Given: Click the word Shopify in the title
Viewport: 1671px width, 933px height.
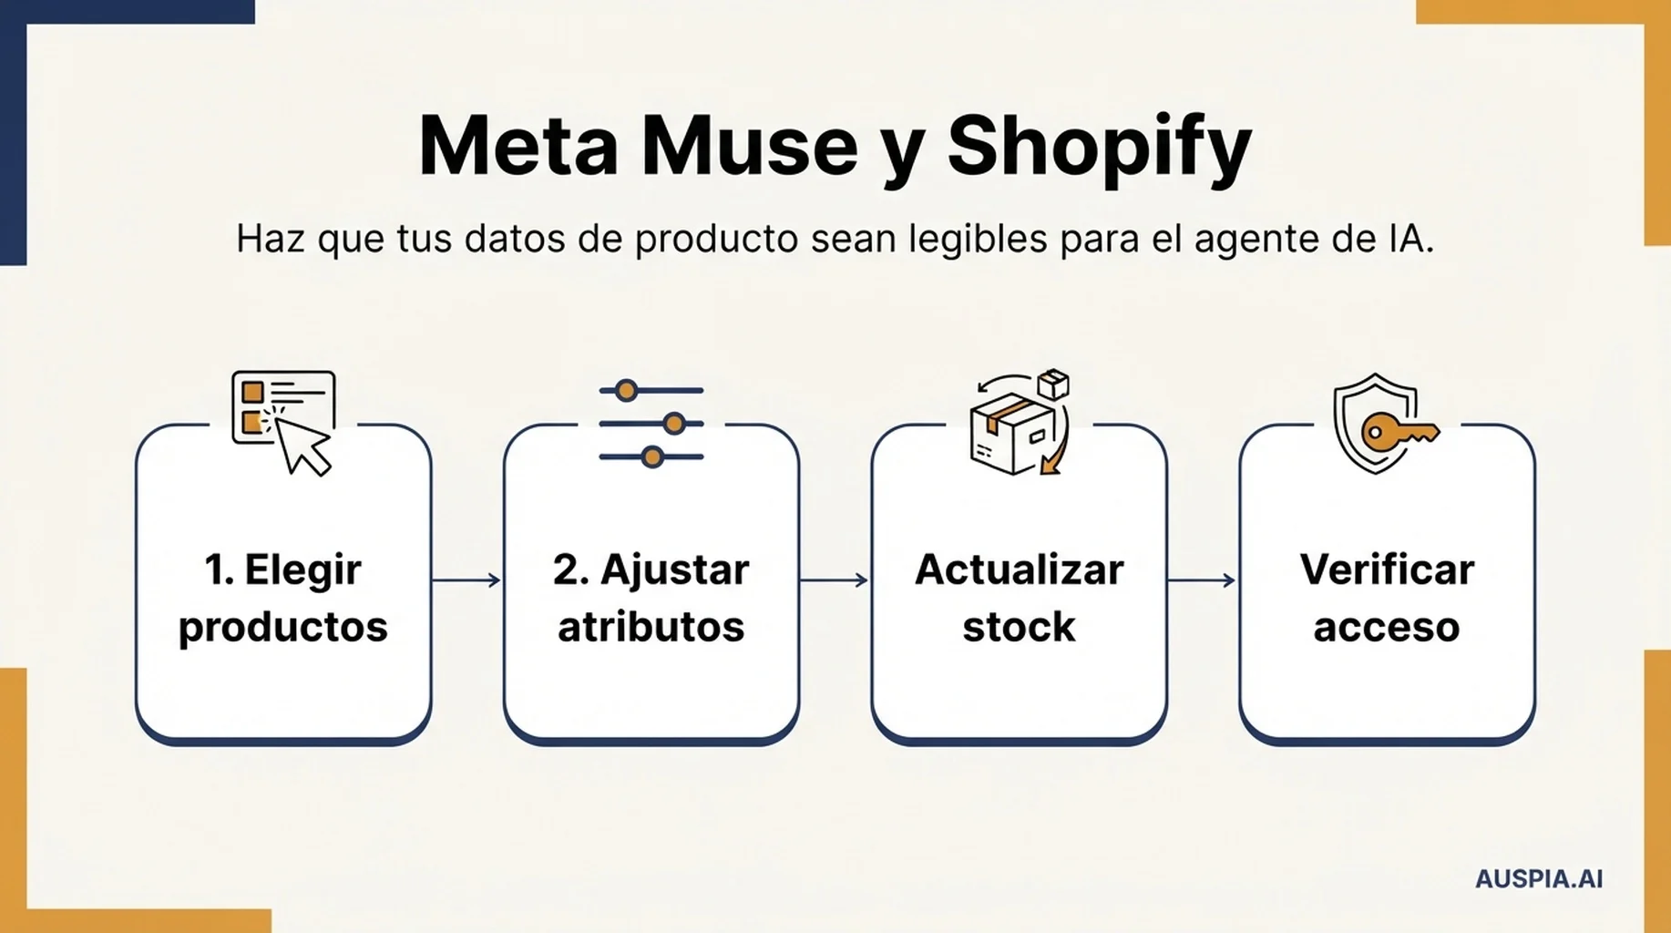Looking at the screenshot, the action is [1099, 149].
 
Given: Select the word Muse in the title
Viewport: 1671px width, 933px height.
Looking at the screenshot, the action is [749, 147].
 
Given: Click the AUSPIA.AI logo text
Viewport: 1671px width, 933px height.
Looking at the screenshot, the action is [1539, 879].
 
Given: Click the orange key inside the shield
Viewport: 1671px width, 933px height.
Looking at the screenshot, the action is [1399, 431].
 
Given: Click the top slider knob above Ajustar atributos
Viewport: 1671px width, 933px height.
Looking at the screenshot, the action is [626, 391].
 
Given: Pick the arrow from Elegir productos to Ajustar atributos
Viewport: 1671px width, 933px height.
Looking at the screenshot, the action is [466, 579].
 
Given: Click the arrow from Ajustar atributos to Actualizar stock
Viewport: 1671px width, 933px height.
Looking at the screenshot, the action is [834, 579].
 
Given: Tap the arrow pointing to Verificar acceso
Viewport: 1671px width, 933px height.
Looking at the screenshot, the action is [1202, 579].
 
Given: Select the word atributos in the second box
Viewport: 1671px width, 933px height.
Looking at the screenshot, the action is [651, 627].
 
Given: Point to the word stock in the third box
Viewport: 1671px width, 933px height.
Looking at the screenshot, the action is [1019, 627].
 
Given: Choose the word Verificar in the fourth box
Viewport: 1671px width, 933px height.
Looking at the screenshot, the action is [1387, 569].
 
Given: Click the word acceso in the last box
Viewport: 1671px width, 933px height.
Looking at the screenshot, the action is [1387, 628].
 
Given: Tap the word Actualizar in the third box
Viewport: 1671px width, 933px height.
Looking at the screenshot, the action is [1019, 569].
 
